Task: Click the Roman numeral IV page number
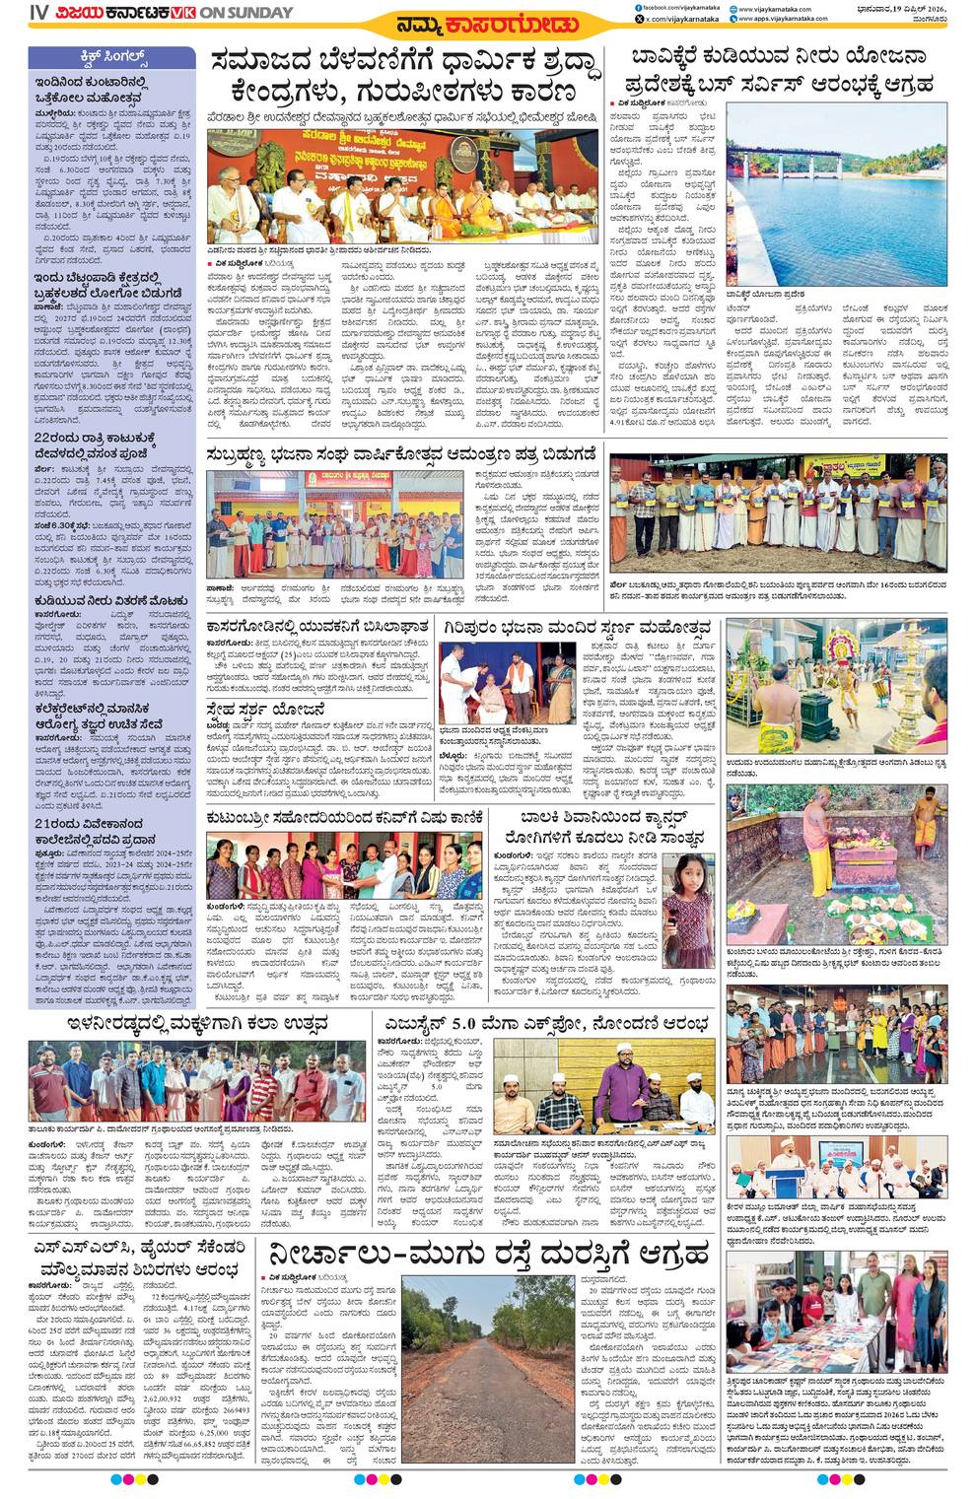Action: [x=38, y=13]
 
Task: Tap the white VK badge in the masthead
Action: [x=182, y=13]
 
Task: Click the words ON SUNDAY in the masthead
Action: [x=247, y=13]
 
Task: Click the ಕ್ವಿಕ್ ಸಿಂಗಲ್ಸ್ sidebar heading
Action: [x=110, y=55]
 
